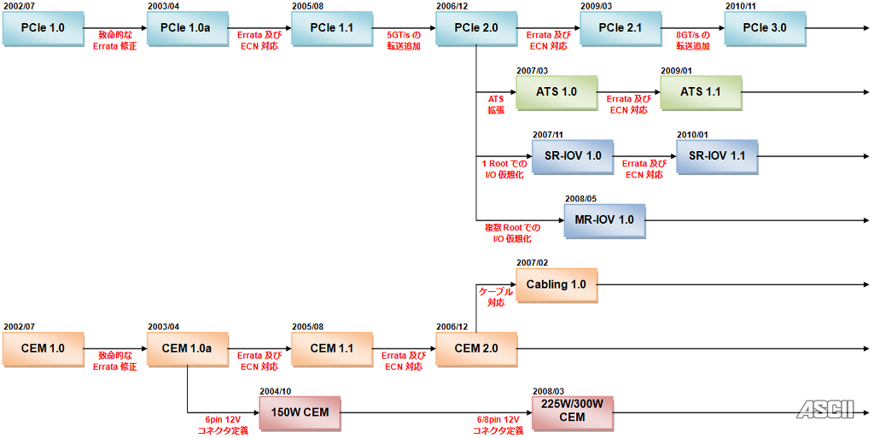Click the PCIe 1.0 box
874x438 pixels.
(43, 28)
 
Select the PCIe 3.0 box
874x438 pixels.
(765, 28)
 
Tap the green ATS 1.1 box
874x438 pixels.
(701, 92)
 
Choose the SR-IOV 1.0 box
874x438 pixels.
(573, 156)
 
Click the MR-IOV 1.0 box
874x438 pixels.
(605, 220)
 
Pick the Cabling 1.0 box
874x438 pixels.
(556, 285)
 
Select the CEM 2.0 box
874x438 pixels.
(476, 349)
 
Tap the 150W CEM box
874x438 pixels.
(300, 413)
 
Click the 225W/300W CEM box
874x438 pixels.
(573, 413)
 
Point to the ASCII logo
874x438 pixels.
(825, 410)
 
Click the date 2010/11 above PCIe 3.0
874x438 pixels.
(741, 6)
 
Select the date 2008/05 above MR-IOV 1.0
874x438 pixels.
(580, 198)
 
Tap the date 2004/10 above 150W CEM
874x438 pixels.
(276, 391)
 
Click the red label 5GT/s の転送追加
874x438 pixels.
(404, 41)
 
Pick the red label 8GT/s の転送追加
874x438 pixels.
(693, 41)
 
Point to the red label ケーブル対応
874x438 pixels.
(496, 298)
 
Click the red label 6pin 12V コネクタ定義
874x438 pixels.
(223, 425)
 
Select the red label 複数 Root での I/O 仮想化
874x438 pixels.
(512, 233)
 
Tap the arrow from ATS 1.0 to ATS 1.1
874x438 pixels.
(629, 92)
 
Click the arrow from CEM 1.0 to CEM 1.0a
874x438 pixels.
(115, 349)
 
